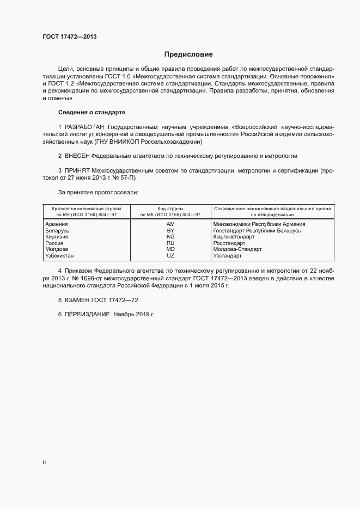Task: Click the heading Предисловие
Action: click(x=188, y=54)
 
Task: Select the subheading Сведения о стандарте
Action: click(x=91, y=112)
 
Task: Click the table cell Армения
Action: click(x=57, y=224)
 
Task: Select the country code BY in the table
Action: click(x=170, y=231)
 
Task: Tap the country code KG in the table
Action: click(x=170, y=237)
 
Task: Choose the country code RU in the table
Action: click(x=170, y=243)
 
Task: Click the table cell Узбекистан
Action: click(x=60, y=255)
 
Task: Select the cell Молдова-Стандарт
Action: click(x=238, y=249)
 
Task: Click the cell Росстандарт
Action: click(x=229, y=243)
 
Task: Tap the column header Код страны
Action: click(x=170, y=208)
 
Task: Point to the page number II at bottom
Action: click(x=44, y=462)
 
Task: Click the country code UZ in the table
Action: click(x=170, y=255)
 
